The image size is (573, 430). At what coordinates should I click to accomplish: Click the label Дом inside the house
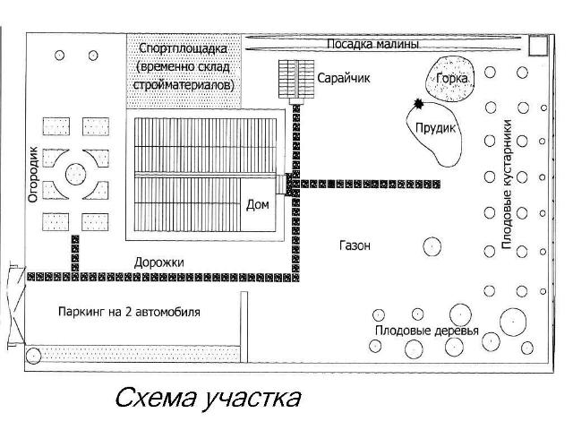[x=258, y=204]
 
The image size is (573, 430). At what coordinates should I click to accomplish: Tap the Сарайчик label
[x=344, y=78]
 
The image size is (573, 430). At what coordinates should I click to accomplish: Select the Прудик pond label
[x=436, y=127]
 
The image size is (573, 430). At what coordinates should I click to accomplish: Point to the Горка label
[x=452, y=78]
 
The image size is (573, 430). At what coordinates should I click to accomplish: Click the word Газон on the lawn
[x=355, y=245]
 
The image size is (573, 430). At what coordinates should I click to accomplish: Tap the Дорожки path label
[x=159, y=262]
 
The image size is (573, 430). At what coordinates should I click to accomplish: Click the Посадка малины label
[x=372, y=44]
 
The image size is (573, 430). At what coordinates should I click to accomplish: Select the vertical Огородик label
[x=33, y=174]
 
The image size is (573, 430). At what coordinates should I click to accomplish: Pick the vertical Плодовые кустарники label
[x=507, y=184]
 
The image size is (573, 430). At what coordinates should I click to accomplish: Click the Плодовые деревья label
[x=427, y=331]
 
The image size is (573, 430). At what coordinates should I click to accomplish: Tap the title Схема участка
[x=208, y=399]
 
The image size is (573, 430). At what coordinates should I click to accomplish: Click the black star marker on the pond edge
[x=418, y=104]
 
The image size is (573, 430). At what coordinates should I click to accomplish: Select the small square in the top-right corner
[x=538, y=46]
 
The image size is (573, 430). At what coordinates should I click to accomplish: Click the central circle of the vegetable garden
[x=75, y=174]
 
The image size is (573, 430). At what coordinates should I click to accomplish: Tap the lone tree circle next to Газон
[x=432, y=246]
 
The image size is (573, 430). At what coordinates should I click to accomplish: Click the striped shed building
[x=296, y=80]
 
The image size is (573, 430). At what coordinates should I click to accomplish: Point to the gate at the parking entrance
[x=17, y=306]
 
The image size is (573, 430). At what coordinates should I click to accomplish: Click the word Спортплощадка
[x=183, y=48]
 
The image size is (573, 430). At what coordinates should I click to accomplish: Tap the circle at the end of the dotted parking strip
[x=33, y=356]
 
